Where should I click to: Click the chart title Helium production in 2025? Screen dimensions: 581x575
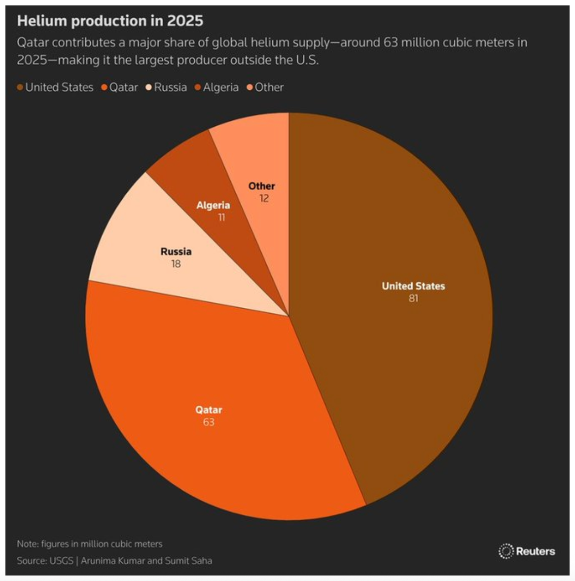(110, 21)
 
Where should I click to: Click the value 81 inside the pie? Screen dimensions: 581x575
(413, 298)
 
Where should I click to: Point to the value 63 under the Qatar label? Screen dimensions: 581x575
(209, 422)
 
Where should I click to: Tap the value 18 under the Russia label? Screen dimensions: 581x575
(176, 264)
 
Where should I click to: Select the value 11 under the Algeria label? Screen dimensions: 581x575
(221, 218)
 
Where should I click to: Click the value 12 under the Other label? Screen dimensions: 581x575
(264, 198)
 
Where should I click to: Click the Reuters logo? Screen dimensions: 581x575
(527, 551)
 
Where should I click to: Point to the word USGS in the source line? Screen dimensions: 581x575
(61, 560)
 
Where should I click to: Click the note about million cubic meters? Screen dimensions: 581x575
(89, 544)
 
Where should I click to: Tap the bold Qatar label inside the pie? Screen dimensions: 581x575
(209, 409)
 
